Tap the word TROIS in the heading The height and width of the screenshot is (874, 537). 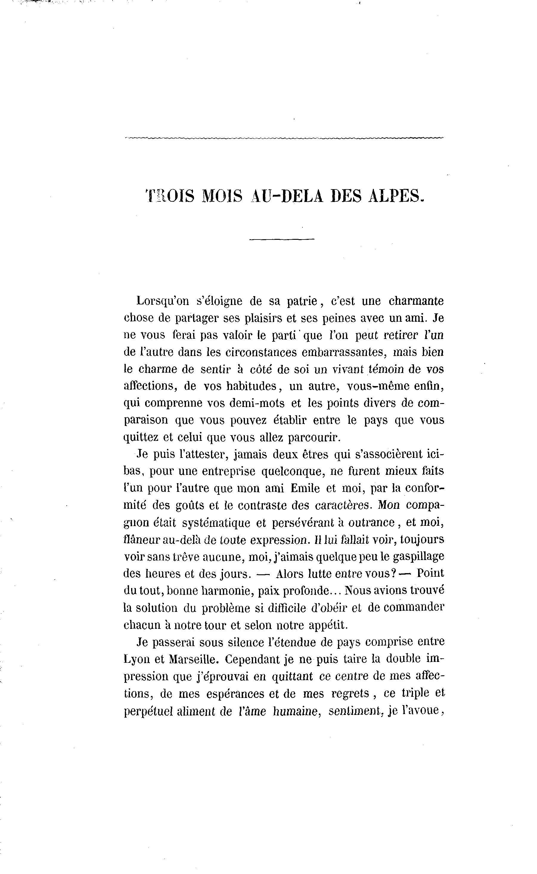(170, 196)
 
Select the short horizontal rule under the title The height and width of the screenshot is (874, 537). (282, 239)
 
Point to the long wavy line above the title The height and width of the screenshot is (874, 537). (284, 138)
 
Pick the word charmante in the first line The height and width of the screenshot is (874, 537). (416, 301)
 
